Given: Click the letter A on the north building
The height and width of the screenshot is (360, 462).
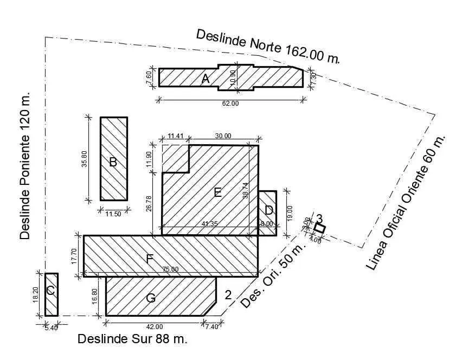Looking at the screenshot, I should click(x=206, y=79).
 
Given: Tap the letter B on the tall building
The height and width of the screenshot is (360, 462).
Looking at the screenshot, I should click(x=113, y=162).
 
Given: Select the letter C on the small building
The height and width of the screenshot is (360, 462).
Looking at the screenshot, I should click(x=50, y=291).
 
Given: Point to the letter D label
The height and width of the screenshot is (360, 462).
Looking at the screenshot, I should click(x=268, y=210).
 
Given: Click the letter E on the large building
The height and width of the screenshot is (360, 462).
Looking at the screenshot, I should click(x=217, y=192).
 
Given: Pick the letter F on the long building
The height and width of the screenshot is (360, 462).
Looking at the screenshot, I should click(x=150, y=259).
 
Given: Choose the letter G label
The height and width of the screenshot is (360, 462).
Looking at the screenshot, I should click(x=151, y=298).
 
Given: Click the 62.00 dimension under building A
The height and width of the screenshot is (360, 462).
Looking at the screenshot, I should click(x=230, y=103).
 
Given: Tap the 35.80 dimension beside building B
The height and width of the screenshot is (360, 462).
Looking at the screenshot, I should click(x=84, y=158).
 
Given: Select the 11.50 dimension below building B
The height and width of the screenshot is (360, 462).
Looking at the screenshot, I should click(x=113, y=214).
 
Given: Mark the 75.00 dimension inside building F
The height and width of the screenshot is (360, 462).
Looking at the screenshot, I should click(x=170, y=269).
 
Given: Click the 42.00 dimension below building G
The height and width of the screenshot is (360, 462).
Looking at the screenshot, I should click(x=154, y=326).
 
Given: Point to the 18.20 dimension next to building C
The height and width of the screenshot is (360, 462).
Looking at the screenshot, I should click(x=36, y=294).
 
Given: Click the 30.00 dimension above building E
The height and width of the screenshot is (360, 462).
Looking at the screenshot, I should click(x=223, y=136).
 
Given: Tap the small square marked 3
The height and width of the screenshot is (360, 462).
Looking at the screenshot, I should click(x=320, y=228).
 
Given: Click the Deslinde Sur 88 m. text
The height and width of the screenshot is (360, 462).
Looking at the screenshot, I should click(x=132, y=339).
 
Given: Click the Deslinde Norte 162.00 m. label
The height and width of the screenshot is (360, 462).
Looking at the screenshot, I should click(x=268, y=46).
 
